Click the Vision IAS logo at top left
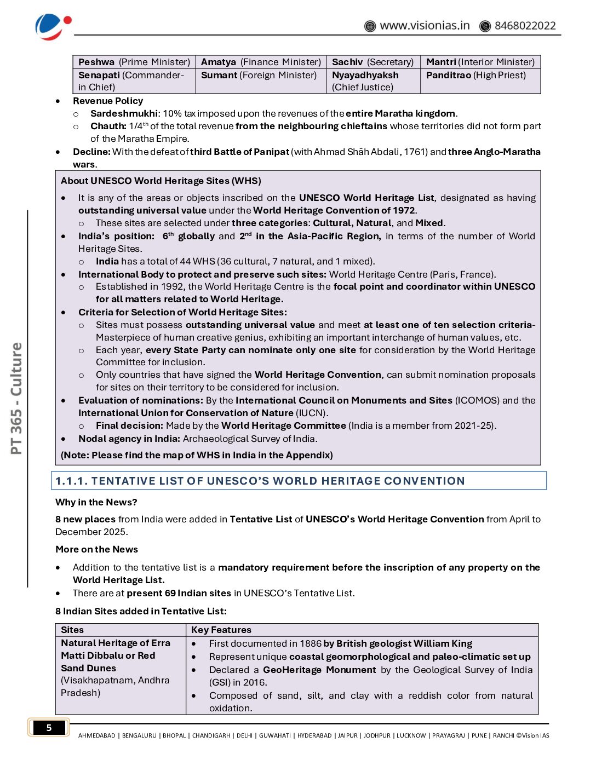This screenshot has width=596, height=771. [53, 26]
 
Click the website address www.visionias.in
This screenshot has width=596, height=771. [425, 26]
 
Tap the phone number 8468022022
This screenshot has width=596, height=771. [525, 26]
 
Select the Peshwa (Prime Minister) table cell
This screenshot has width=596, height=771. [134, 62]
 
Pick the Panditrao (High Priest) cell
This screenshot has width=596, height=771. [475, 75]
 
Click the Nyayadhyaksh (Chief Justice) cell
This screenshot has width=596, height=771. [365, 81]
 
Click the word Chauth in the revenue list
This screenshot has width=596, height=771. [108, 126]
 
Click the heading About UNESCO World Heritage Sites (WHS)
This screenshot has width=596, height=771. [161, 181]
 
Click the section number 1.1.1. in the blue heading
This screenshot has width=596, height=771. [71, 481]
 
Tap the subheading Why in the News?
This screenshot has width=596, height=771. [96, 502]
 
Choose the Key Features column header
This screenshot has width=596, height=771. [221, 630]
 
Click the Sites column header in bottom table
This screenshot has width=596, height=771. [72, 630]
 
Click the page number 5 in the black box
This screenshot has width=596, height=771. [49, 728]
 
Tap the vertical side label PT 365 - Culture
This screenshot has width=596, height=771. [16, 398]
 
